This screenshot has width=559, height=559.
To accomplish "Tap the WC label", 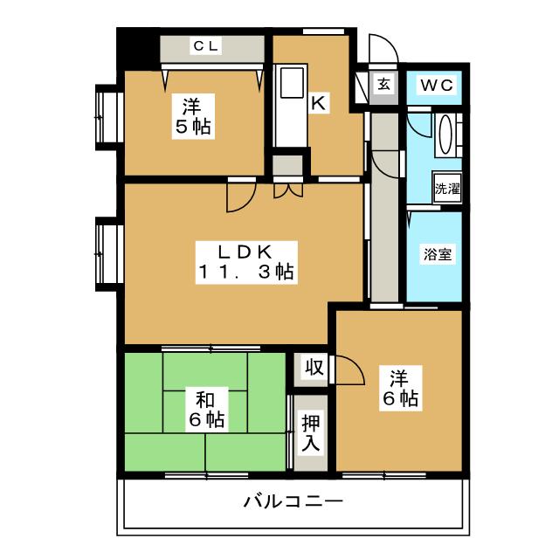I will [434, 85].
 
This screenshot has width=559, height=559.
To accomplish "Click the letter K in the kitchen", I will [319, 103].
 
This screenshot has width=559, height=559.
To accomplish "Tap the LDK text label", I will [242, 252].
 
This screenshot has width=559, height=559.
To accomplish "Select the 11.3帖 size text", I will [243, 272].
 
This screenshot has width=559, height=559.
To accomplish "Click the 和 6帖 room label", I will [206, 410].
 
